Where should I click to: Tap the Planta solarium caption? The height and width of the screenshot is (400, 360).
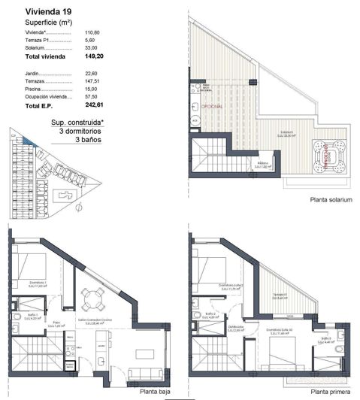tap(331, 201)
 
